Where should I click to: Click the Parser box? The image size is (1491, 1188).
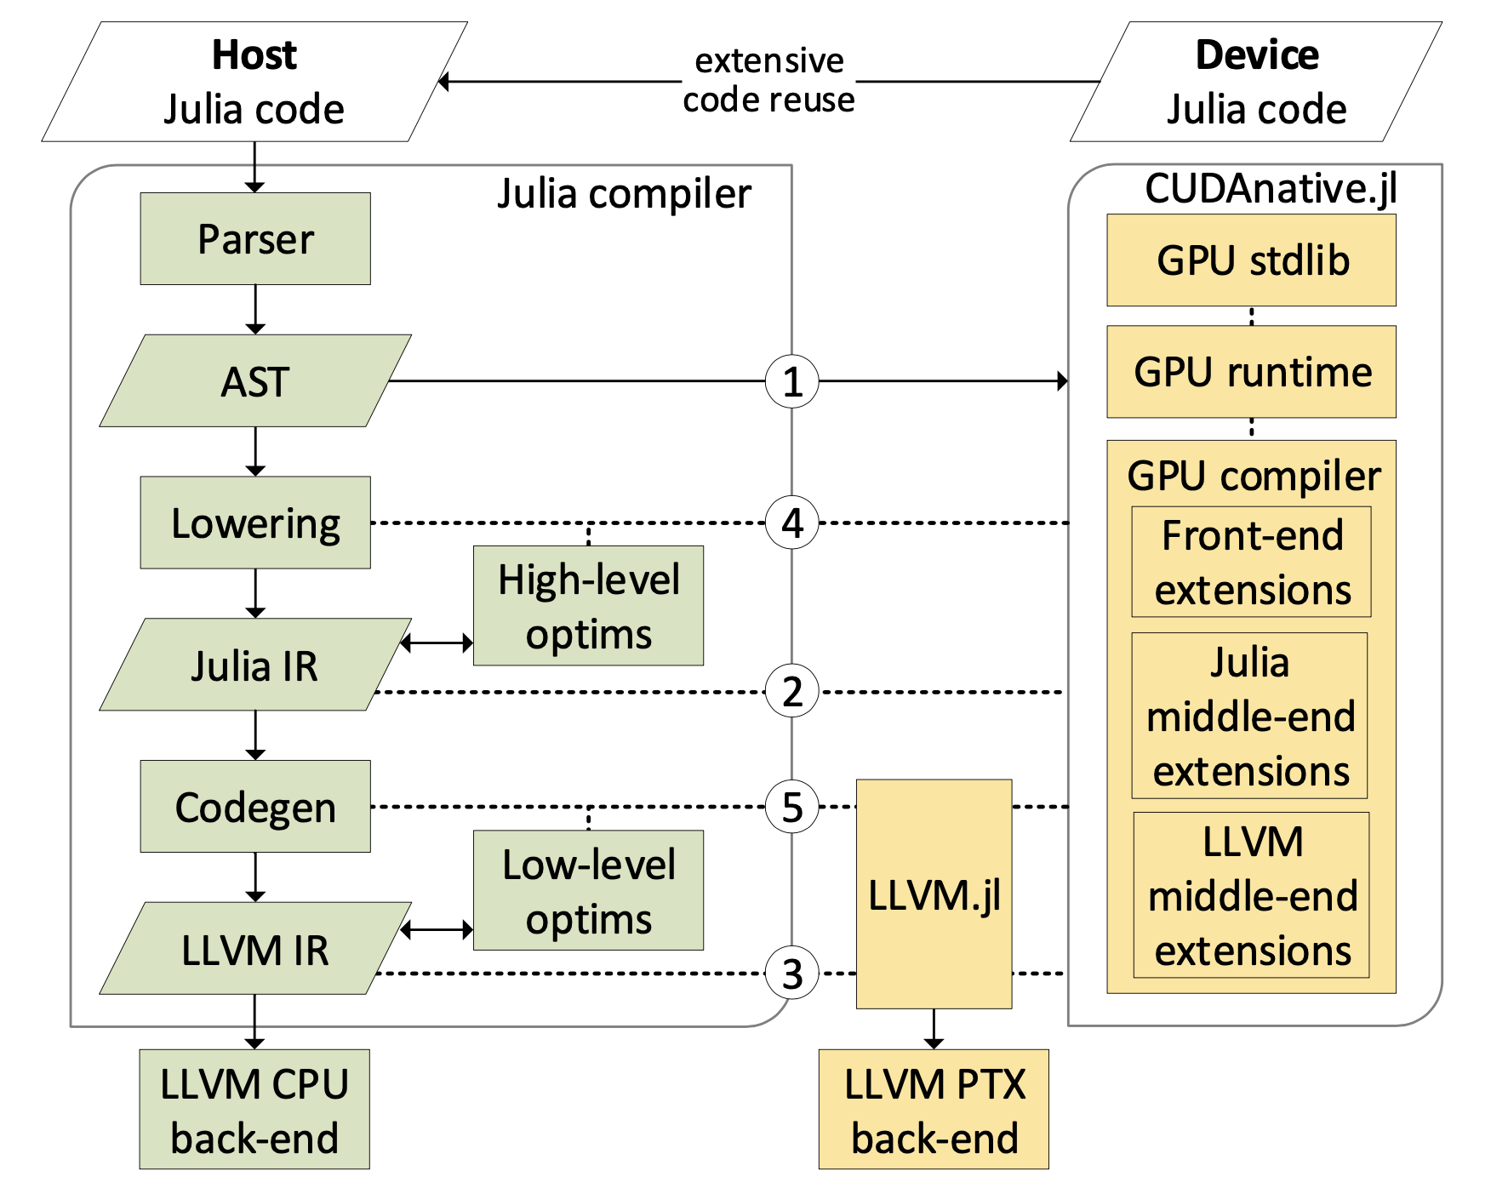pos(255,238)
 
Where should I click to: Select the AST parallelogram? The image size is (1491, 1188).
pos(255,381)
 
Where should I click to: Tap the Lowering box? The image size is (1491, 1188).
pos(255,523)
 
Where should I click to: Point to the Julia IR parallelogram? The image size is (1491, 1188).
pos(255,665)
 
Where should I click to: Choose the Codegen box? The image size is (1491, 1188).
pos(255,806)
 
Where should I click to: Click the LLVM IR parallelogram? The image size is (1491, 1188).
pos(255,949)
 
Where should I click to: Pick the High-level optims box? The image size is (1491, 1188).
pos(588,606)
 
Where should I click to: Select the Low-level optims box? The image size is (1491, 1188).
pos(588,890)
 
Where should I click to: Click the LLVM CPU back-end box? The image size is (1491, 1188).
pos(254,1109)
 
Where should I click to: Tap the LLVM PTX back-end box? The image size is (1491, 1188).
pos(934,1109)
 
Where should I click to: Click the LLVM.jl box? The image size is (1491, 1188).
pos(934,894)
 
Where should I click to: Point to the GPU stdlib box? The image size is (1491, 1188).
pos(1251,260)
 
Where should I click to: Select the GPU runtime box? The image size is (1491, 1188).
pos(1251,372)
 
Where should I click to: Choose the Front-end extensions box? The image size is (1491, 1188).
pos(1251,562)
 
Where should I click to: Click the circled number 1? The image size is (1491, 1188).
pos(791,381)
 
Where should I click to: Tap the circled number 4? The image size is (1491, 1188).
pos(791,523)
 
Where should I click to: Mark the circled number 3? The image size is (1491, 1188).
pos(791,974)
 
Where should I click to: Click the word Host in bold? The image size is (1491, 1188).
pos(254,55)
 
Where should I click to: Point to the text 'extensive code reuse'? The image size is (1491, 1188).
pos(768,80)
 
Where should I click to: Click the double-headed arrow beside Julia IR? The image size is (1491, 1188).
pos(437,643)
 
